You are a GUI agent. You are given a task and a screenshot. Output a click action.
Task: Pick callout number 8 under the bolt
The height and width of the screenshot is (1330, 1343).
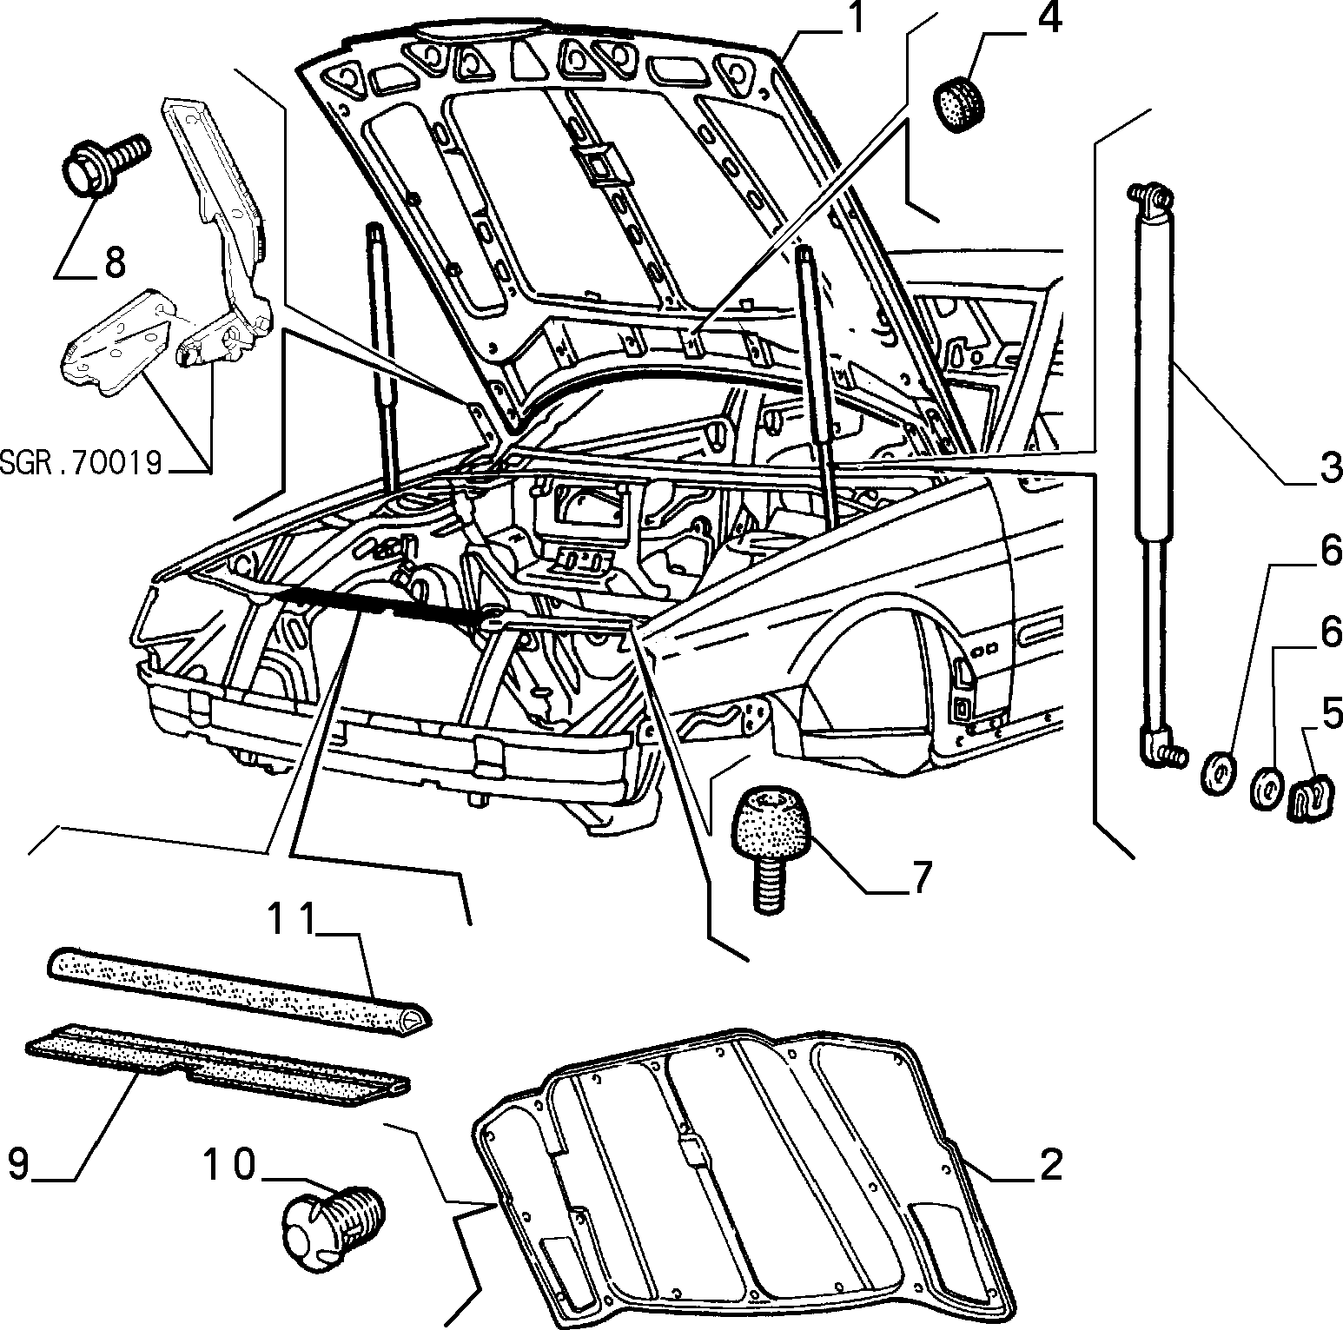[114, 261]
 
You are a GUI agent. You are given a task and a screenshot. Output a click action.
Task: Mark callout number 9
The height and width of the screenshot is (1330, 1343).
[20, 1162]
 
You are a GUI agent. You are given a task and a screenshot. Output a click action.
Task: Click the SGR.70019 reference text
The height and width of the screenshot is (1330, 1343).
[82, 464]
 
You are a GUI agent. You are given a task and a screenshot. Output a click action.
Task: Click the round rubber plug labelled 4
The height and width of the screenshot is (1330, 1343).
[961, 103]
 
